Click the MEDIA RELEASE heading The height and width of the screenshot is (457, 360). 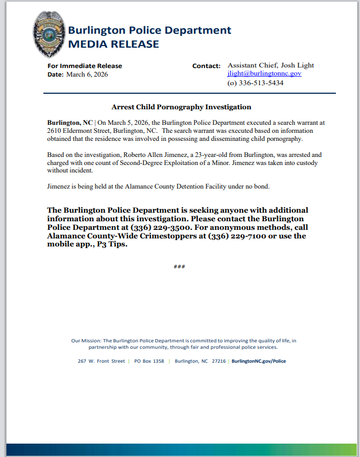113,44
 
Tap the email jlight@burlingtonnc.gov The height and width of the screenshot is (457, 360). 264,74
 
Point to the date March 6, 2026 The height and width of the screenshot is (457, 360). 87,74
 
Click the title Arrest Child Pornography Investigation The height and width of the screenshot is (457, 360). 181,107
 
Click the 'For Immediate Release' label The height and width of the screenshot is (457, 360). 85,66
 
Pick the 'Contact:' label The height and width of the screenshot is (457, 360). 206,66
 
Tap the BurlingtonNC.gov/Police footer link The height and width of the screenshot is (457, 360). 259,361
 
